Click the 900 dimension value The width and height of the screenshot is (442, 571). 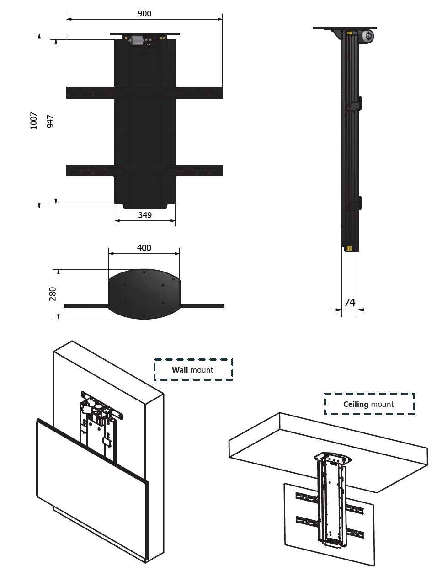pyautogui.click(x=144, y=14)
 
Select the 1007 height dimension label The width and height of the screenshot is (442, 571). pyautogui.click(x=34, y=120)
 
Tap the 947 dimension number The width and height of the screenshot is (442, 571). pyautogui.click(x=50, y=122)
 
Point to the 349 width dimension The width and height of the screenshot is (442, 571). pyautogui.click(x=145, y=215)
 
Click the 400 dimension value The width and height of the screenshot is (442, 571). pyautogui.click(x=144, y=248)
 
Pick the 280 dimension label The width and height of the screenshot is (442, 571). pyautogui.click(x=53, y=294)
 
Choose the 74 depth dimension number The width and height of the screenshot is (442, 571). pyautogui.click(x=350, y=303)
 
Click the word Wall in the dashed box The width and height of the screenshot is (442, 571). pyautogui.click(x=180, y=370)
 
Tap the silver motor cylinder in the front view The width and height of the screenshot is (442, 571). pyautogui.click(x=136, y=41)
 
